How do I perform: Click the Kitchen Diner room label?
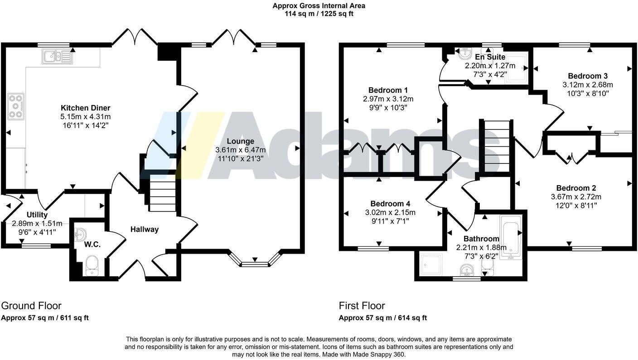[86, 108]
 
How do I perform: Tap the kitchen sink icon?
[57, 57]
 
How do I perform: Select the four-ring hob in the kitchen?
[16, 106]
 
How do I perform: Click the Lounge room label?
[241, 141]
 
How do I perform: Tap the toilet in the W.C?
[92, 265]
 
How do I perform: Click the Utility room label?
[37, 215]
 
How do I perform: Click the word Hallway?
[145, 230]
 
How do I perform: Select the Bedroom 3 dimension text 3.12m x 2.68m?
[588, 85]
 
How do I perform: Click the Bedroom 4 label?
[390, 204]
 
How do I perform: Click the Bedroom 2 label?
[576, 188]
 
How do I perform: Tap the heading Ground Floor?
[31, 306]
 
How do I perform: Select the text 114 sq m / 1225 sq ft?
[319, 14]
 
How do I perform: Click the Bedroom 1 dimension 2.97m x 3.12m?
[388, 99]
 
